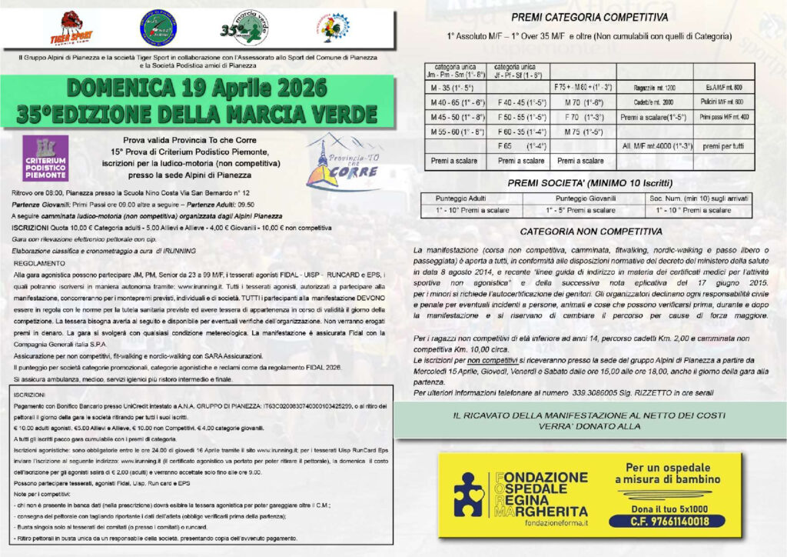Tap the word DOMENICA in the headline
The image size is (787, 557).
(x=115, y=87)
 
